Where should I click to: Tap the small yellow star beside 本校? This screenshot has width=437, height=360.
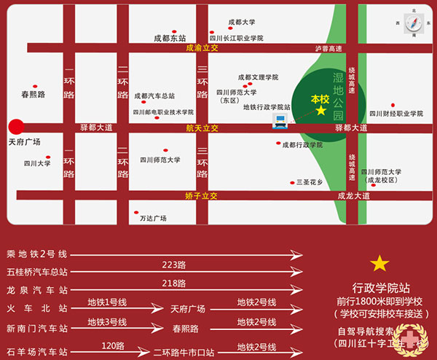[321, 111]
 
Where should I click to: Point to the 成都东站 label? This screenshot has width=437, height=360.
[170, 38]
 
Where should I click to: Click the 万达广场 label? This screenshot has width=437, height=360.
[153, 218]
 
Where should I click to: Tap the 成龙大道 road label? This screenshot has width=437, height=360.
[353, 195]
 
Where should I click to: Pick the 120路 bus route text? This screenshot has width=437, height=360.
[113, 345]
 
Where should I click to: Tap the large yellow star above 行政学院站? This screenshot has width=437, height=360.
[379, 263]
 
